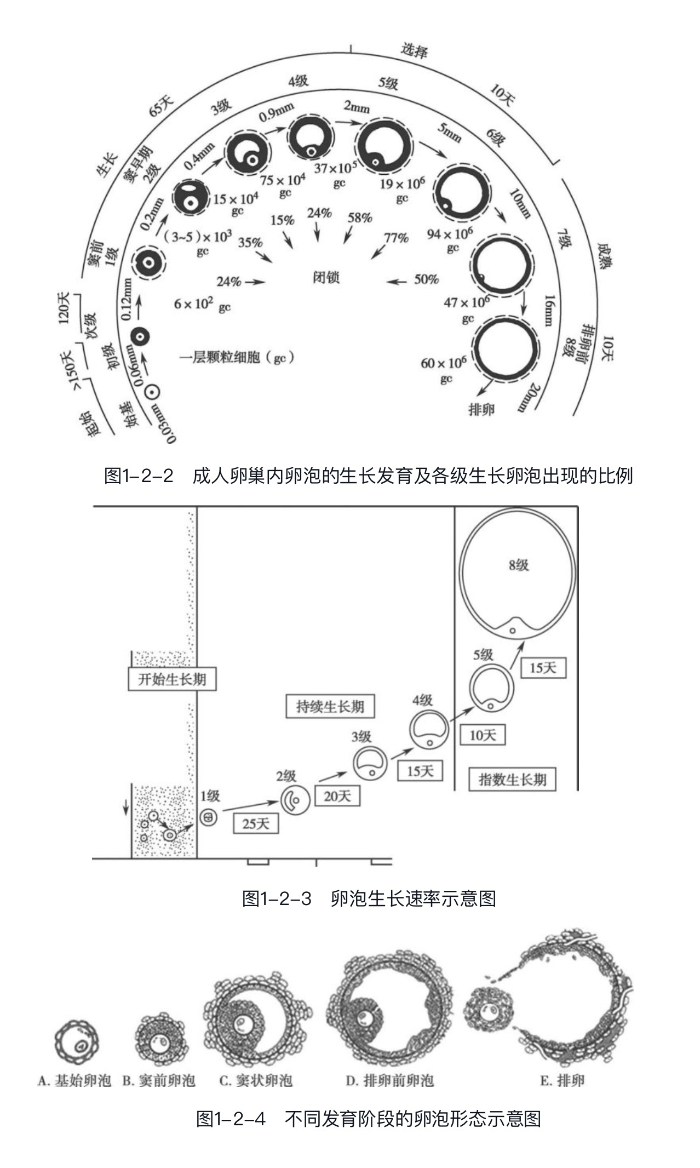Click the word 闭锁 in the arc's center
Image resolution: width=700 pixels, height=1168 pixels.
[x=326, y=277]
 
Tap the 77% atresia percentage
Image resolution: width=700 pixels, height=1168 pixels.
[x=396, y=238]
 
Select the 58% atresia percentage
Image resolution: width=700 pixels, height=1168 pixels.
[x=360, y=217]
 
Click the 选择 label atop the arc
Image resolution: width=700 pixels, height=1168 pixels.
[x=414, y=50]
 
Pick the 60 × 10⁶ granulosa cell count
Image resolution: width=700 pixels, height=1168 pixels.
[x=444, y=363]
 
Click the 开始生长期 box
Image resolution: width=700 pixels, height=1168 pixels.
[x=172, y=679]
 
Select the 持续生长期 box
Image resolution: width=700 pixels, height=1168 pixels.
[x=330, y=706]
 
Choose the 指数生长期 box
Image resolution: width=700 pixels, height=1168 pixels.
[x=512, y=779]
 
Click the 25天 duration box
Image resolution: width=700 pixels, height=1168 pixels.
[x=256, y=823]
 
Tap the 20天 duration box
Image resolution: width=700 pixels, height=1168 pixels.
[x=337, y=795]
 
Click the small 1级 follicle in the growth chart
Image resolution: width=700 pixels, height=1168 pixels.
[x=208, y=818]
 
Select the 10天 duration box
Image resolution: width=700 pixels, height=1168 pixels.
[x=483, y=735]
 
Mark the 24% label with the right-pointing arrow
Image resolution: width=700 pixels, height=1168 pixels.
[x=229, y=282]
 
